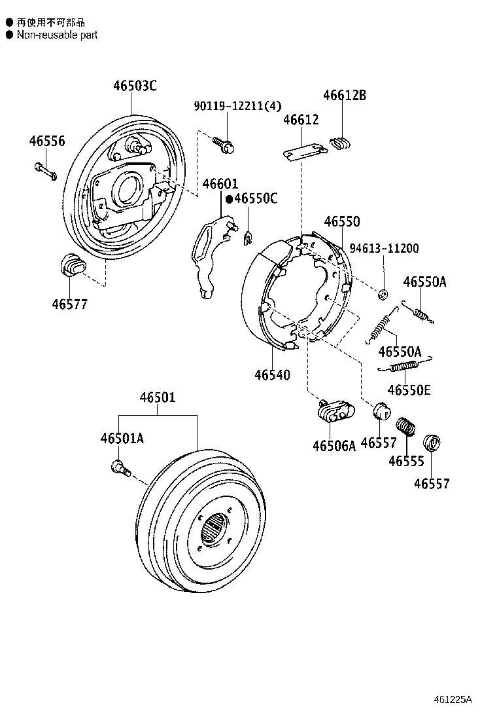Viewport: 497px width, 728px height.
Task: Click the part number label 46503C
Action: (135, 86)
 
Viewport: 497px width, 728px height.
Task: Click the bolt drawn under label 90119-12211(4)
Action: (226, 147)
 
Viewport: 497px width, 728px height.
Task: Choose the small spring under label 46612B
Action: (341, 143)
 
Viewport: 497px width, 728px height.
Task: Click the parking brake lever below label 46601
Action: (211, 255)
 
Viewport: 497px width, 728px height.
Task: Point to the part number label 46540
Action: (273, 375)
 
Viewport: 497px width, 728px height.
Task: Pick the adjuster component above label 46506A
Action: (333, 412)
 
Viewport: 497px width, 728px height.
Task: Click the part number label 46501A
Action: (122, 439)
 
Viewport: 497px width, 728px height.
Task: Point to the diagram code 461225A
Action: (453, 699)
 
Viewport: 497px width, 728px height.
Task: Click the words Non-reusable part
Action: (57, 35)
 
